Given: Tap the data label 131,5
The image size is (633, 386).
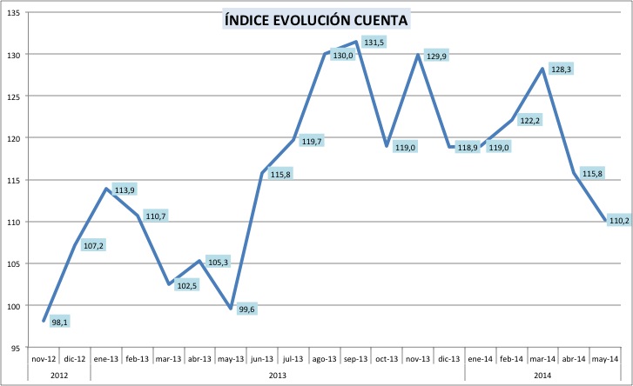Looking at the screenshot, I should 375,43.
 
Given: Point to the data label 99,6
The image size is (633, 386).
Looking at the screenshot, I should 246,309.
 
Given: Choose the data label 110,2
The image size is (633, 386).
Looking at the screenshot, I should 619,221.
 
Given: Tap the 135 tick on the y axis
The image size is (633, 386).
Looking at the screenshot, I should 16,12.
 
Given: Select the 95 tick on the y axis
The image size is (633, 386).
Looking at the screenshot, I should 18,348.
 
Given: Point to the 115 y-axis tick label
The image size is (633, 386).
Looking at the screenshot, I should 16,180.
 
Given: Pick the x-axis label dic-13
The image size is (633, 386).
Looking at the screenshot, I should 448,357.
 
